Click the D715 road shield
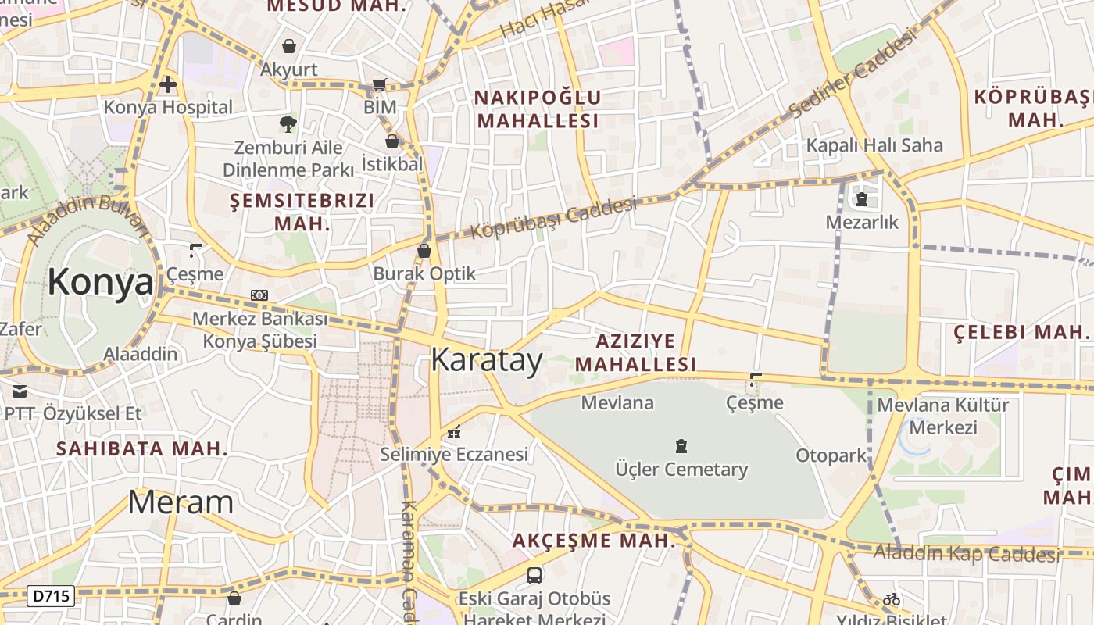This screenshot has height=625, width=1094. (x=52, y=596)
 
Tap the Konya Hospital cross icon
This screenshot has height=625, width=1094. (x=168, y=84)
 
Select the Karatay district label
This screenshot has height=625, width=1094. (x=486, y=360)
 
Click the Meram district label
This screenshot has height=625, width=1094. (x=181, y=502)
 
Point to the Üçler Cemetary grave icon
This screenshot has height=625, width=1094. (x=681, y=446)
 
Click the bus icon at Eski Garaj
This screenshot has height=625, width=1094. (x=534, y=576)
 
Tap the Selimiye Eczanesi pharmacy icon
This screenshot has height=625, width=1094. (x=454, y=431)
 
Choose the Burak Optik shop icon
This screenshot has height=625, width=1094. (x=424, y=251)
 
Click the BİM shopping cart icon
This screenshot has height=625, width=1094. (x=380, y=84)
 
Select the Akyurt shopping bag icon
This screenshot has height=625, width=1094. (x=289, y=46)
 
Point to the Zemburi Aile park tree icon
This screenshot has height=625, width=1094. (x=288, y=123)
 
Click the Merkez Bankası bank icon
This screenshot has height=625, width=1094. (x=259, y=295)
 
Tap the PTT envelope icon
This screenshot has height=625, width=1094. (x=19, y=391)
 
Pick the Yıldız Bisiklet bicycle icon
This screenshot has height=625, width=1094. (x=891, y=599)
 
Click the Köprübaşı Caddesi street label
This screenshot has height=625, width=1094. (x=554, y=219)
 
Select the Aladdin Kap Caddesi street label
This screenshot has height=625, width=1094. (x=966, y=554)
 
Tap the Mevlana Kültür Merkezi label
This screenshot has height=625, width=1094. (x=943, y=416)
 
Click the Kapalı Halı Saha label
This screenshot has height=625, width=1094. (x=874, y=145)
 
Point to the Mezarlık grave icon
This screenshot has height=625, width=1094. (x=862, y=200)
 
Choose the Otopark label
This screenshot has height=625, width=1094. (x=831, y=455)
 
